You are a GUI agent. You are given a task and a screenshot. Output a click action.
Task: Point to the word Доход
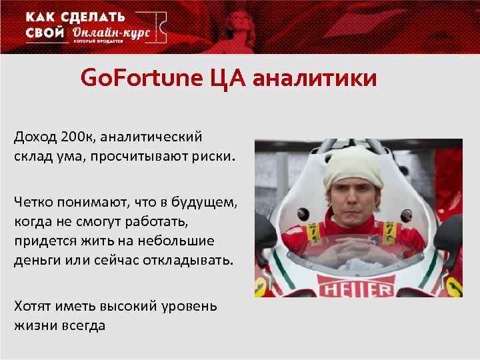tap(34, 137)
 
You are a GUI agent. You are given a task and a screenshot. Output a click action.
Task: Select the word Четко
tap(33, 202)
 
